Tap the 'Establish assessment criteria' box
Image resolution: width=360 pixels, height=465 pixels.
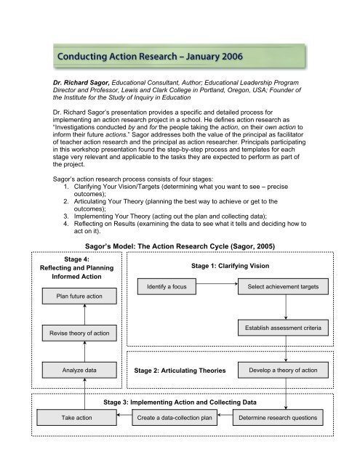[x=285, y=330]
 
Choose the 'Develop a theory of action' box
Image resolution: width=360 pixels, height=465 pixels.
[x=285, y=371]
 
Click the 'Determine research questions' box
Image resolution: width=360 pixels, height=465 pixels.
[x=285, y=418]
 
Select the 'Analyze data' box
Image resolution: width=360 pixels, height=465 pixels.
[x=79, y=371]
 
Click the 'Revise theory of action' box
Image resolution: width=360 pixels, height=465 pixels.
[x=79, y=333]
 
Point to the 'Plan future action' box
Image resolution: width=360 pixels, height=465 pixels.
[x=79, y=296]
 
